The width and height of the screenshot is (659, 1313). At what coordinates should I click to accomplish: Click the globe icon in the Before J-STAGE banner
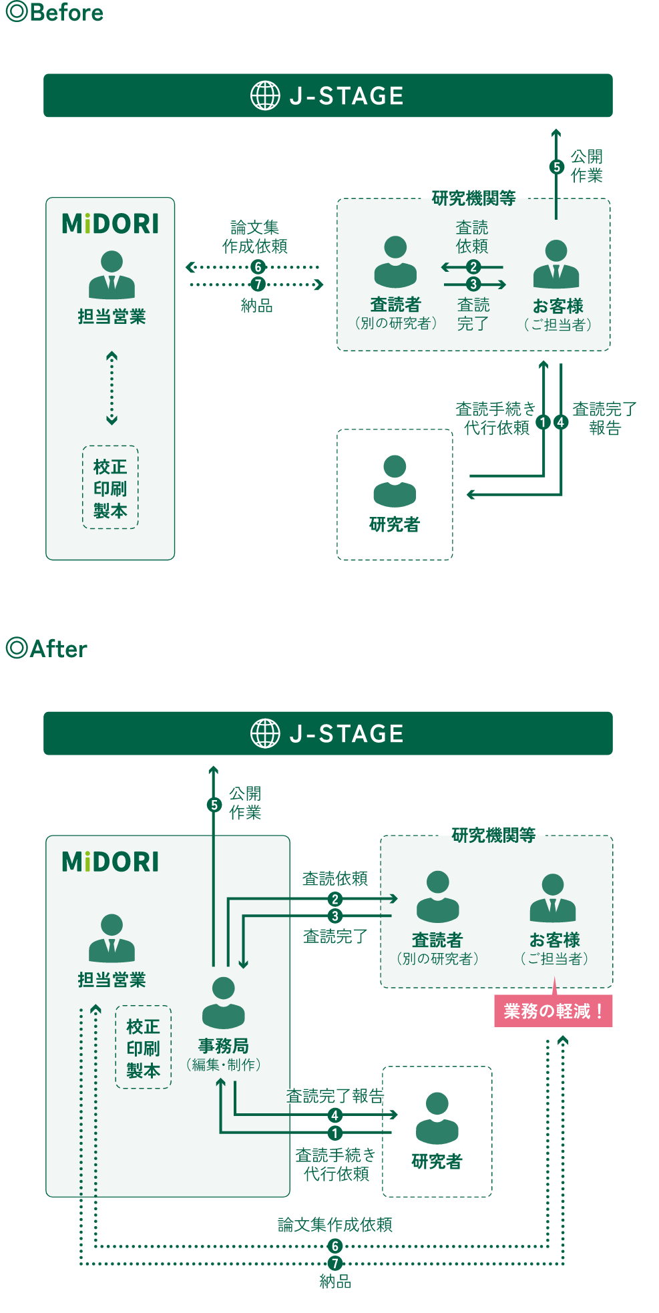point(265,96)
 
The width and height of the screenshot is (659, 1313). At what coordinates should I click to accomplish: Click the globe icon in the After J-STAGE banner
point(265,733)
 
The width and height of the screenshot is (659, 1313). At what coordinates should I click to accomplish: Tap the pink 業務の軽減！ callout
point(553,1011)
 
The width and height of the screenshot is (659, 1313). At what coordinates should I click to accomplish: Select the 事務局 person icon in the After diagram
point(223,1002)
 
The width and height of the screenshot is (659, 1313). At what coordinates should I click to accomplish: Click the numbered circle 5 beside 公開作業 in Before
point(556,167)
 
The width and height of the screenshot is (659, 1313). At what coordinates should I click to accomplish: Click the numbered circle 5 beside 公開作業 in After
point(214,805)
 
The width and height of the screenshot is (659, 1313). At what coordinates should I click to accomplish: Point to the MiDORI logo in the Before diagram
point(110,224)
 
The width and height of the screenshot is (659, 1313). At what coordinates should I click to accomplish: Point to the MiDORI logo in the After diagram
point(110,862)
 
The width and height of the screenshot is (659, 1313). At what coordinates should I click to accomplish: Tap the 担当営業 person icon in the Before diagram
point(112,274)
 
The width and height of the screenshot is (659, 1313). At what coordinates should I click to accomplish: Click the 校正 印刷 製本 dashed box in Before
point(110,488)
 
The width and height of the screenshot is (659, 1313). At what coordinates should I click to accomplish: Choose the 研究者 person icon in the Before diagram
point(395,481)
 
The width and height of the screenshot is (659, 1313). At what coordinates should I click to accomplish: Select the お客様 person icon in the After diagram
point(553,898)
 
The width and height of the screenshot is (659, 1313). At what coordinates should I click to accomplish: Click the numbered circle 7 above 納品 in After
point(335,1263)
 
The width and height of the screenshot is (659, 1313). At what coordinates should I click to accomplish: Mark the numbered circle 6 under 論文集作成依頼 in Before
point(258,267)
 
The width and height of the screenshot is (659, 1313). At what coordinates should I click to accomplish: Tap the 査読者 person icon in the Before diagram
point(395,262)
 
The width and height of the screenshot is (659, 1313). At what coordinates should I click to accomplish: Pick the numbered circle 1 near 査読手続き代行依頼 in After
point(335,1133)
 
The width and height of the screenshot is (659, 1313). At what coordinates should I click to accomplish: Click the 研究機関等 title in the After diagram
point(493,835)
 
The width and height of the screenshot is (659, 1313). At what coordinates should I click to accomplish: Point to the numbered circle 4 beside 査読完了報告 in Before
point(561,422)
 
